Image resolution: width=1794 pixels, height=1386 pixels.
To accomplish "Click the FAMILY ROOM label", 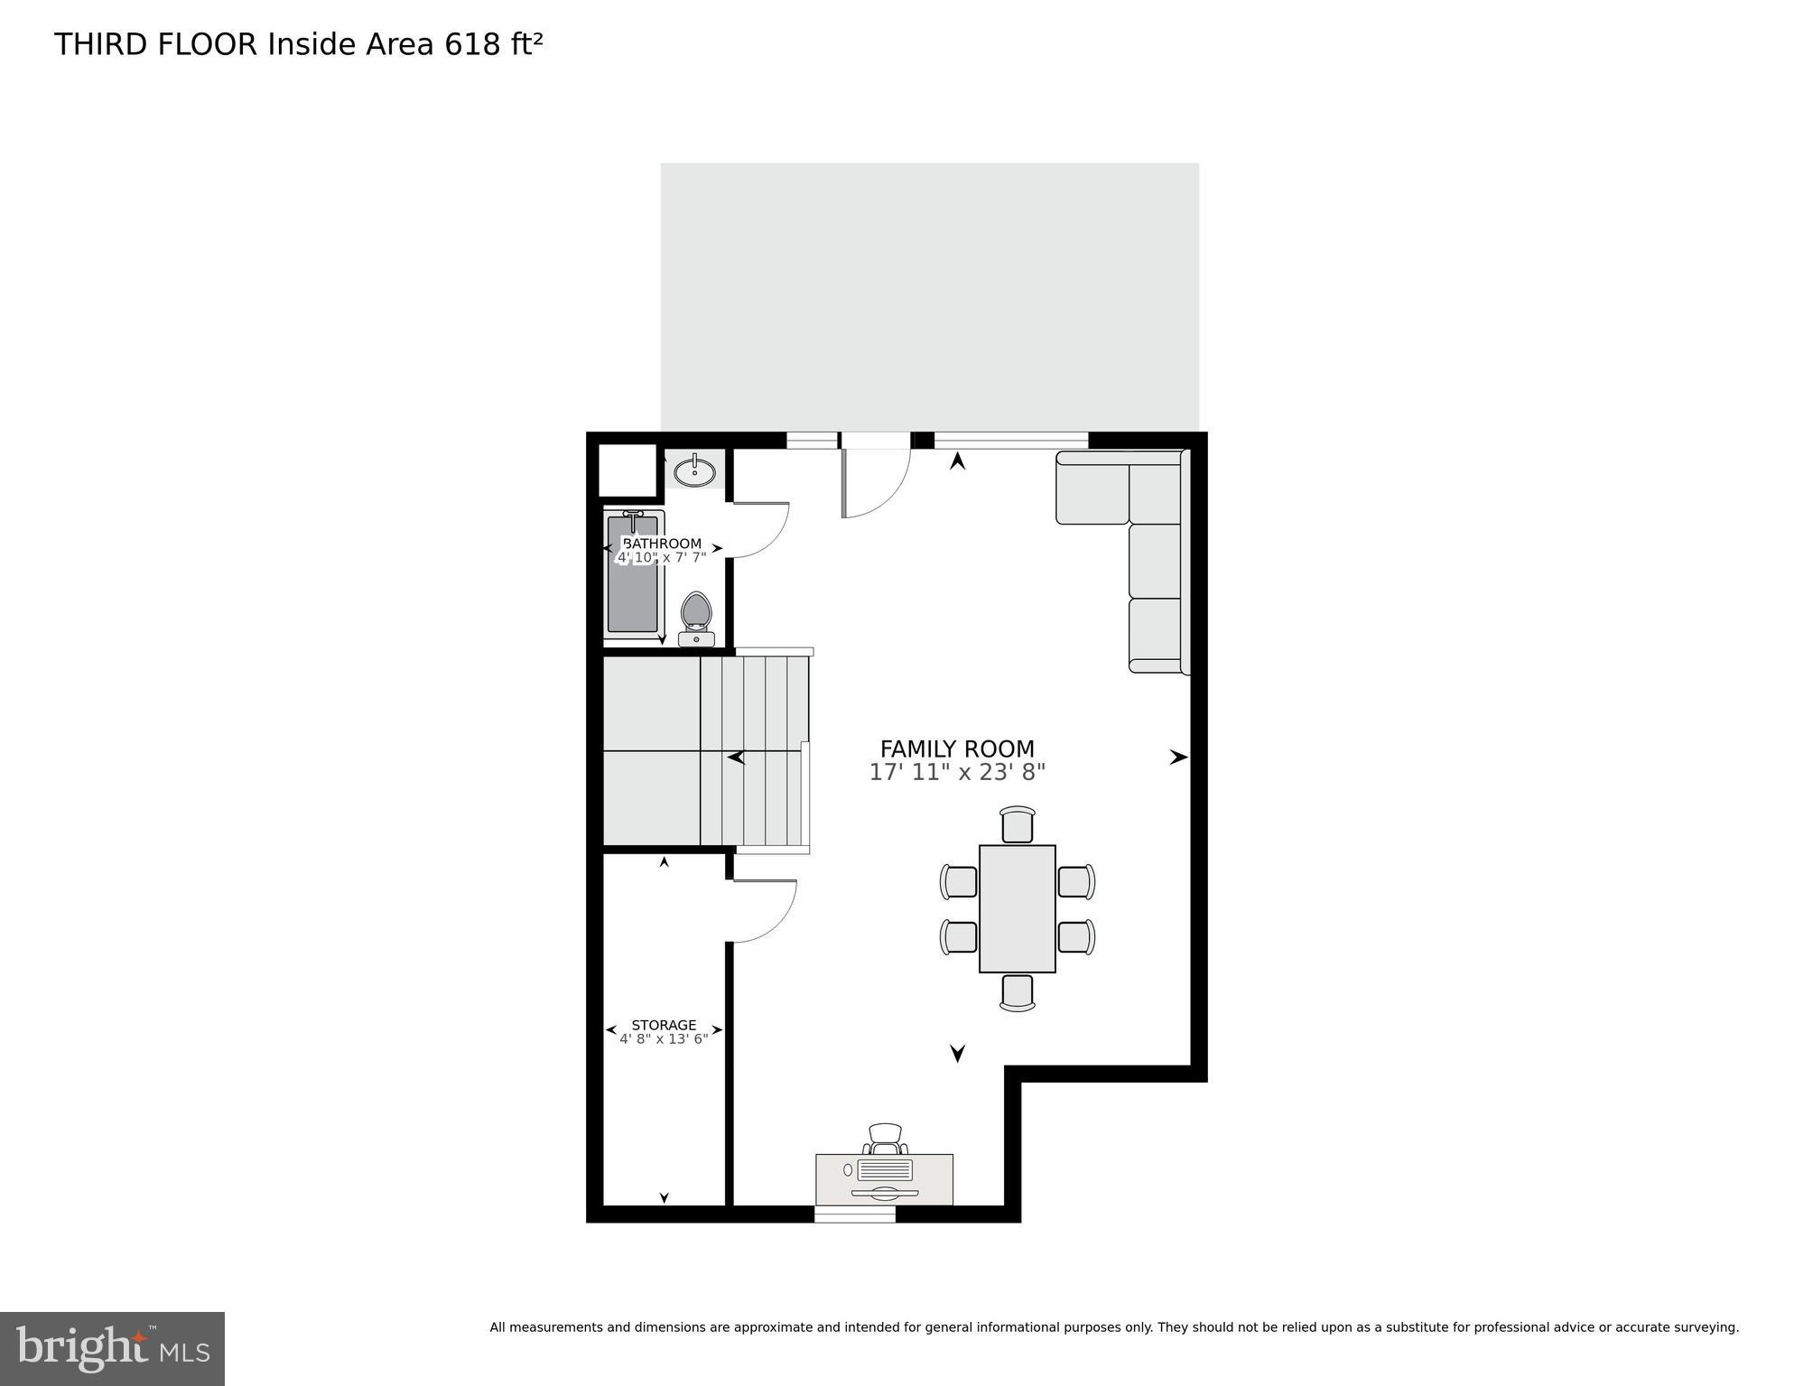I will pos(957,749).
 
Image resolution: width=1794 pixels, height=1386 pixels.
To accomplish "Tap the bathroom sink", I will pos(694,470).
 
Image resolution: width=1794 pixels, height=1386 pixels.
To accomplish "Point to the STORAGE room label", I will pos(664,1025).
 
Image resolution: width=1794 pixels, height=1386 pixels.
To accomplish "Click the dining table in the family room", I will pos(1017,908).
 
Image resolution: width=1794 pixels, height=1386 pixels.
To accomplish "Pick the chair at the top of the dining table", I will pos(1017,825).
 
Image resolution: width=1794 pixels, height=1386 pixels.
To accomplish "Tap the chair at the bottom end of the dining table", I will pos(1017,992).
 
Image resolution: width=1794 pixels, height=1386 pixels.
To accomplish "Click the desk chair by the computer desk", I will pos(885,1138).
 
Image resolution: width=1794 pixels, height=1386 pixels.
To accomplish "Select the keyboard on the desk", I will pos(885,1170).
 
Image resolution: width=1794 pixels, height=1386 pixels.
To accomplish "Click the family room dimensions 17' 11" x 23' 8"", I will pos(957,773).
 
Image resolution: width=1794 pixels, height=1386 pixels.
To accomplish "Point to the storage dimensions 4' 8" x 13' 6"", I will pos(664,1039).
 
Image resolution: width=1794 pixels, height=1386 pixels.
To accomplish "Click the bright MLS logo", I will pos(112,1348).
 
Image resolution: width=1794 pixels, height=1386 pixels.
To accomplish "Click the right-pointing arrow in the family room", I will pos(1178,758).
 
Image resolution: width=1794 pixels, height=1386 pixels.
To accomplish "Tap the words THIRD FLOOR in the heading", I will pos(155,44).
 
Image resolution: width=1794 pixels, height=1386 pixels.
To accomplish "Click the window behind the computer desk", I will pos(854,1214).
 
